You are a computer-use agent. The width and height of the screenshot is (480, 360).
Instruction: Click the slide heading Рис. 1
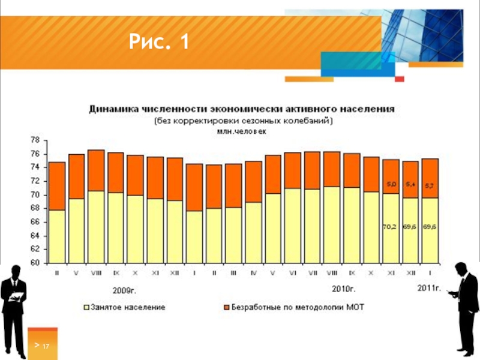(x=159, y=43)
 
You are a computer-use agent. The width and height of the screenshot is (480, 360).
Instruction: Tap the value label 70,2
(x=390, y=227)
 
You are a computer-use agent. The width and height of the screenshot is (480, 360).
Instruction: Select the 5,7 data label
(x=430, y=185)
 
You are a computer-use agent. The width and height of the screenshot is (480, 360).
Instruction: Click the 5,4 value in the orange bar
(x=410, y=184)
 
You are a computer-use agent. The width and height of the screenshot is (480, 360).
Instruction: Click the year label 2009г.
(x=125, y=290)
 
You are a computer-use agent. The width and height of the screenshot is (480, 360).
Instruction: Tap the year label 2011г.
(x=429, y=289)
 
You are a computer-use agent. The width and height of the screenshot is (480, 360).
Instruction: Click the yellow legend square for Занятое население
(x=86, y=307)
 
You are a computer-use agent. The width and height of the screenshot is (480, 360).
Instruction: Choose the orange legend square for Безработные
(x=226, y=307)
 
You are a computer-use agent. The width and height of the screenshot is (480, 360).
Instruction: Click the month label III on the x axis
(x=234, y=273)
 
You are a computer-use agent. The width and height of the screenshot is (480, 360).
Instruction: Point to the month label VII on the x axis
(x=312, y=273)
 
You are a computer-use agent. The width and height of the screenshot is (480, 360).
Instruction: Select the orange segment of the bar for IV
(x=253, y=181)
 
